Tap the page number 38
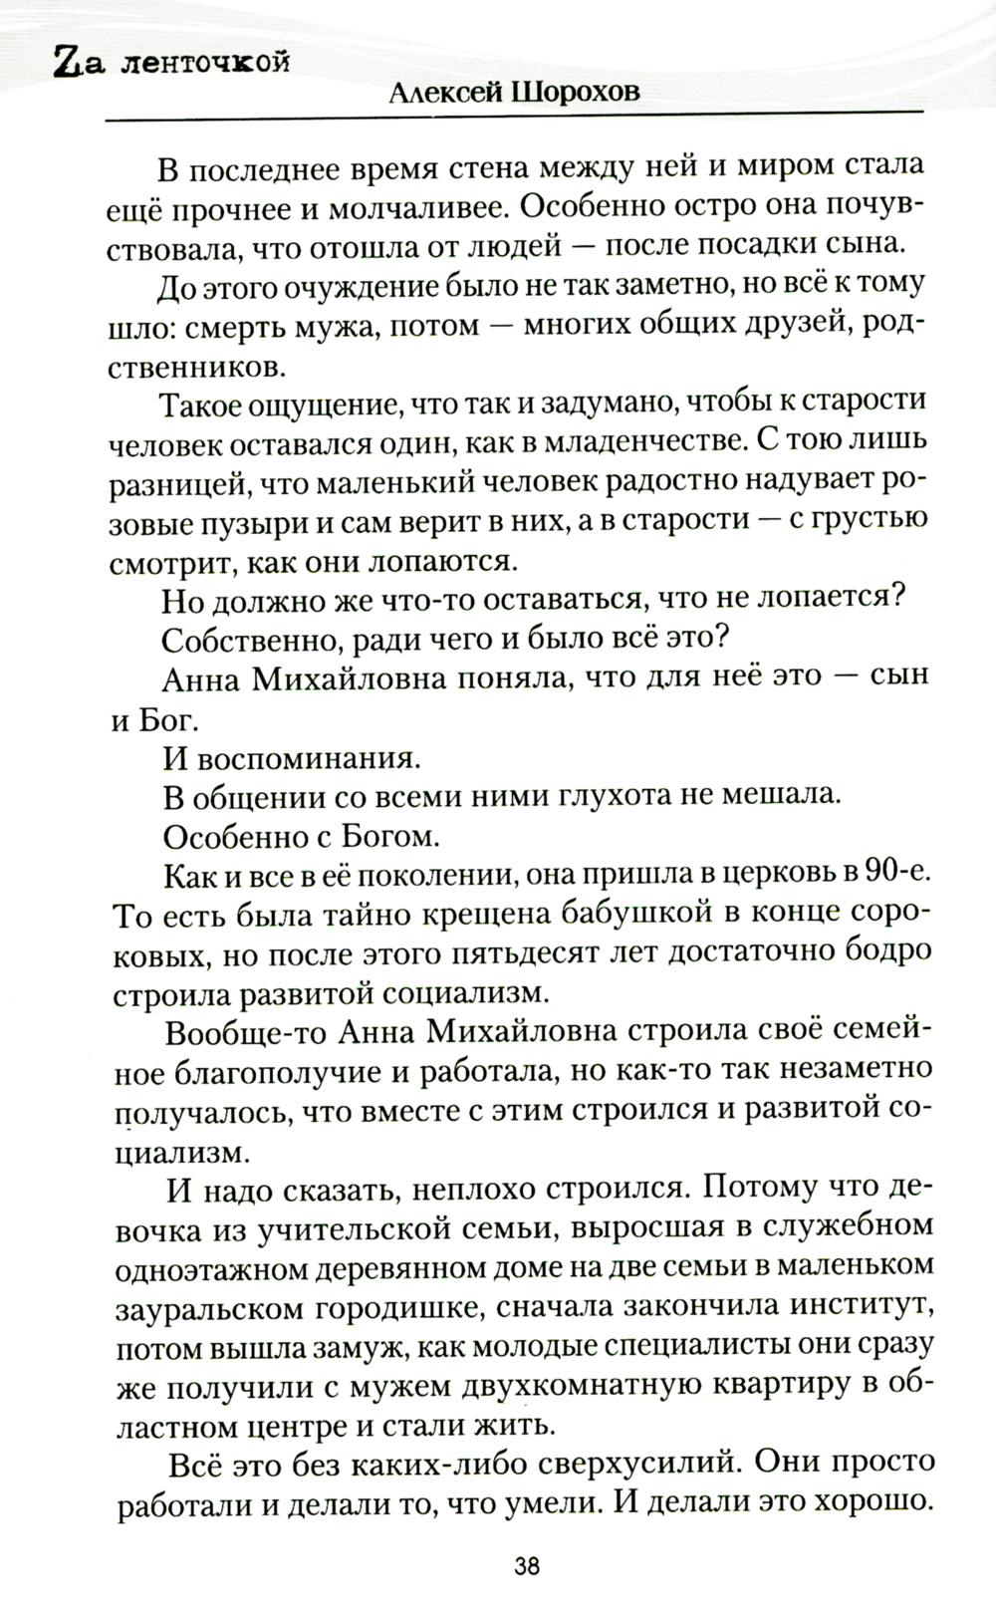(527, 1564)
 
